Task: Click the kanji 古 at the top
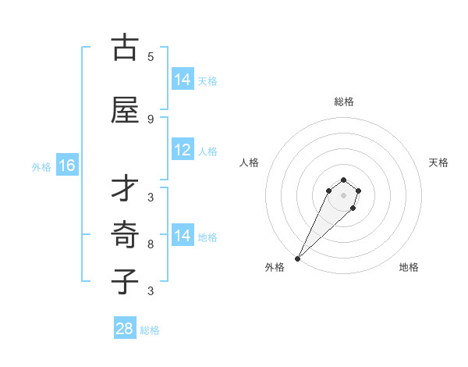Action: (x=125, y=48)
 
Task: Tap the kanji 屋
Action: (x=125, y=110)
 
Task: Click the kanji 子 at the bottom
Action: (x=125, y=281)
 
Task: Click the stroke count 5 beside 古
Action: (x=151, y=56)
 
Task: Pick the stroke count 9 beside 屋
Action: (x=151, y=119)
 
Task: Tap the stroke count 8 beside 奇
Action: (x=151, y=244)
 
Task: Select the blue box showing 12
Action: (x=183, y=151)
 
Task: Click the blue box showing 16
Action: (x=67, y=166)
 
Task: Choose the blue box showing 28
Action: (x=125, y=329)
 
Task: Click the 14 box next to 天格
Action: (x=183, y=80)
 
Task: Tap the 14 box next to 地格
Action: (x=183, y=236)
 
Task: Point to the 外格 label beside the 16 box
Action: (x=41, y=166)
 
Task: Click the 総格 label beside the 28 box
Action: (x=150, y=330)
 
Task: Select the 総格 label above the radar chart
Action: (x=343, y=102)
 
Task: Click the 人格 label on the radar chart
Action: (x=250, y=162)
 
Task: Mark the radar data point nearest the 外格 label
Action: (x=297, y=258)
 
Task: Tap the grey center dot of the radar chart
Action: (x=343, y=195)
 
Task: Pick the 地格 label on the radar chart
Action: (x=409, y=268)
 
